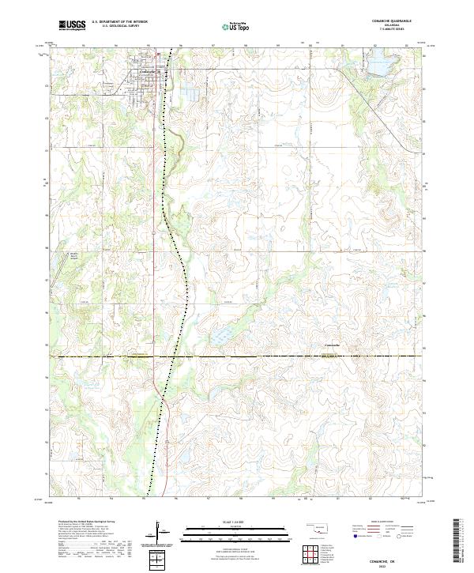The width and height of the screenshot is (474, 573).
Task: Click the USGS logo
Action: pyautogui.click(x=72, y=25)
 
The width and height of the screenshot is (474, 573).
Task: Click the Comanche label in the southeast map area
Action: pyautogui.click(x=333, y=345)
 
